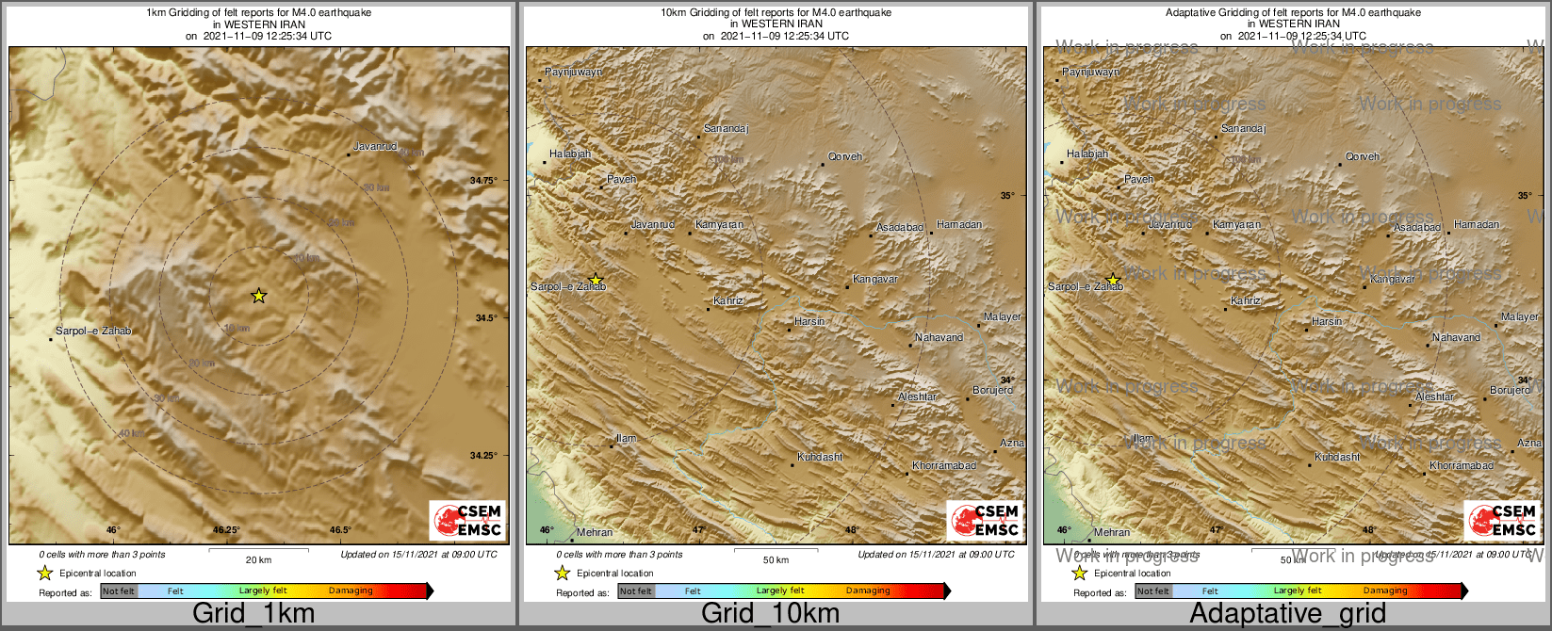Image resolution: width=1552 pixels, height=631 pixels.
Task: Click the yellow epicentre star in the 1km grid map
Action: [259, 296]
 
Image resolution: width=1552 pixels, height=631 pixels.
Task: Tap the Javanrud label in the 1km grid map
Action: [375, 147]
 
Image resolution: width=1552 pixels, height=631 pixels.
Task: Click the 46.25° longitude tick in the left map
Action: [226, 530]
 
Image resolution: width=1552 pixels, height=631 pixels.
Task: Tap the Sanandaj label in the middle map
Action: [726, 129]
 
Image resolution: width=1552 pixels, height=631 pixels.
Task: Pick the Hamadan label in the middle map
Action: [959, 225]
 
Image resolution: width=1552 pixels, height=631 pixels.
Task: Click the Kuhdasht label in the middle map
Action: [820, 458]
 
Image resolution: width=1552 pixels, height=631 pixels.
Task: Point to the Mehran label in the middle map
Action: [594, 533]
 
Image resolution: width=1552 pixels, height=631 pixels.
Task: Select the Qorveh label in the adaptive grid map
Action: [1363, 157]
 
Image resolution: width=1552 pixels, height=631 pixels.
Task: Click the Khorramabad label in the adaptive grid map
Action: [1462, 466]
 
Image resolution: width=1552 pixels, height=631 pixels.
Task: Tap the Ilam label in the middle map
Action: [626, 439]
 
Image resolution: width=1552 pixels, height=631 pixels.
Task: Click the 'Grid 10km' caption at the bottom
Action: [770, 614]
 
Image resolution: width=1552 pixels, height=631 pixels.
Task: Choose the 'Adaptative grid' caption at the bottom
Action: [1287, 614]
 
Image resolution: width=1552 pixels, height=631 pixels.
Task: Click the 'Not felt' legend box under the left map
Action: [119, 591]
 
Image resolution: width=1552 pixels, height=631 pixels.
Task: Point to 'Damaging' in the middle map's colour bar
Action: [868, 591]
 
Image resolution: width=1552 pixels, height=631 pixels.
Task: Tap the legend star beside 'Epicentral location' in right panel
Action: [1080, 573]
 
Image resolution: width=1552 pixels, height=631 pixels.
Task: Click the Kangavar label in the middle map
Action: [875, 280]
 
